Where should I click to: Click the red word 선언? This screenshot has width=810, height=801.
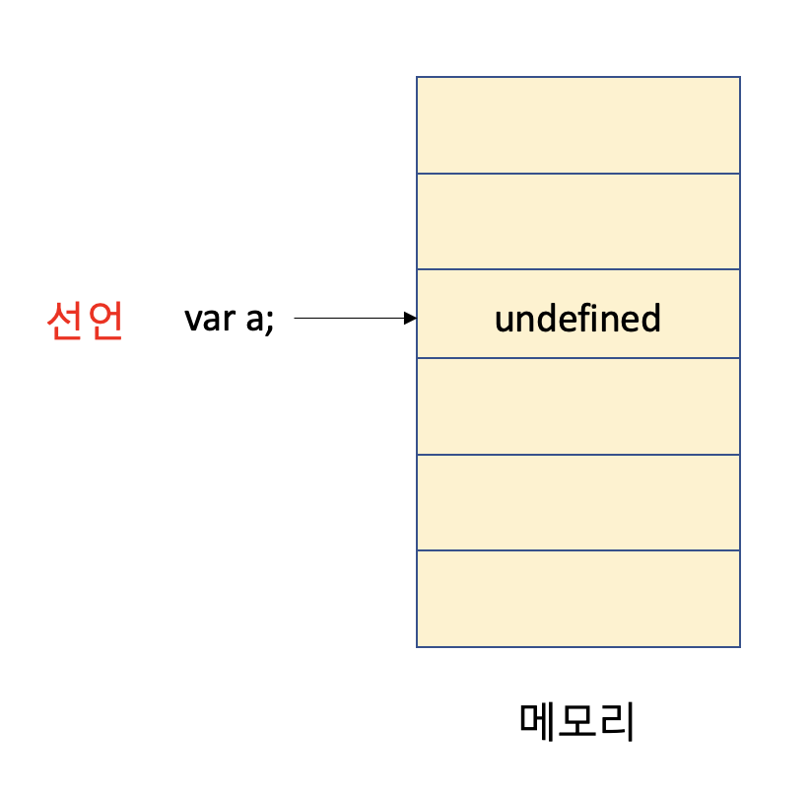(x=85, y=321)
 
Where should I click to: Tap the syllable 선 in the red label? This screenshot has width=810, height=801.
(x=65, y=321)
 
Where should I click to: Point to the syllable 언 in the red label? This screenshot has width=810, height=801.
(x=104, y=321)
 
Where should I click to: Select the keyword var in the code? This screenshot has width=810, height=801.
(x=205, y=320)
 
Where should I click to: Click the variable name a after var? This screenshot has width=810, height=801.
(x=252, y=322)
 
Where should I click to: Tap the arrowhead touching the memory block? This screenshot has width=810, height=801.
(x=411, y=319)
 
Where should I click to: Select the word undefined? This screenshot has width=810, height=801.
(x=577, y=320)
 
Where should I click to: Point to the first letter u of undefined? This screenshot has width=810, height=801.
(x=504, y=322)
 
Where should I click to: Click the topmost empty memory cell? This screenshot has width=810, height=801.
(x=577, y=125)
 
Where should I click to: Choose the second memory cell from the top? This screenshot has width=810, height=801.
(x=577, y=221)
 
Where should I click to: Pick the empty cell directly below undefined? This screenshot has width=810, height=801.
(x=577, y=405)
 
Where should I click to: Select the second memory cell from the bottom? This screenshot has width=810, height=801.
(x=577, y=502)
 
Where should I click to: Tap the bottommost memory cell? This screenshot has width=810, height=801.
(x=577, y=598)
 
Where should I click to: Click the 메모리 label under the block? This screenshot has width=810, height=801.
(x=577, y=722)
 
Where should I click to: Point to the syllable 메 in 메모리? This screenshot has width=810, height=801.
(x=539, y=722)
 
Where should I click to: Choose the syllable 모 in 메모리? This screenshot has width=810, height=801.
(x=577, y=722)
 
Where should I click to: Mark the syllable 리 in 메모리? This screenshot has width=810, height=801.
(x=617, y=722)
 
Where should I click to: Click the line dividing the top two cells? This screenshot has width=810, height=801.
(x=577, y=174)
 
